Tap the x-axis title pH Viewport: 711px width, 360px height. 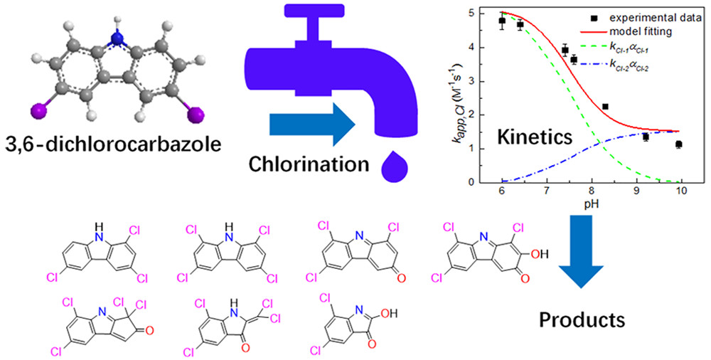(x=592, y=203)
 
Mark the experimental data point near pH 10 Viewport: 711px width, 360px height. (x=679, y=144)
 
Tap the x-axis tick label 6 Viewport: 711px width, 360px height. (x=502, y=191)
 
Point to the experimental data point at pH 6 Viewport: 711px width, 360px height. (x=502, y=21)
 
